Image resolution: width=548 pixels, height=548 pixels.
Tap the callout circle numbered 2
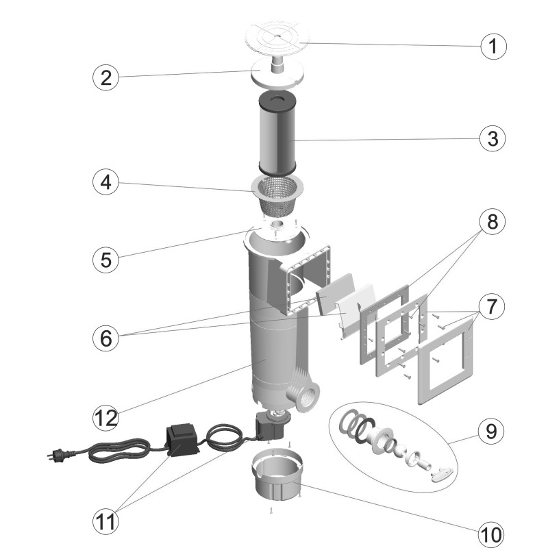pos(105,77)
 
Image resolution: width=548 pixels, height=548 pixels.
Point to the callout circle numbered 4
pos(105,183)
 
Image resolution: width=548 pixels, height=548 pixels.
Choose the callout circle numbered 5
pos(105,260)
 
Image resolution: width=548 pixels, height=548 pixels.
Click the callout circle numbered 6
pos(105,338)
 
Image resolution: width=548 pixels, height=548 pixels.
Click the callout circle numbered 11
pos(105,521)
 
